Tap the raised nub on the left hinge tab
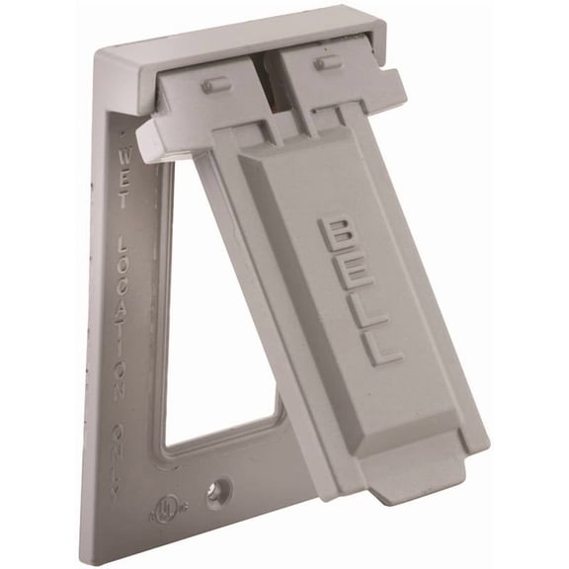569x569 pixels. [211, 85]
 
